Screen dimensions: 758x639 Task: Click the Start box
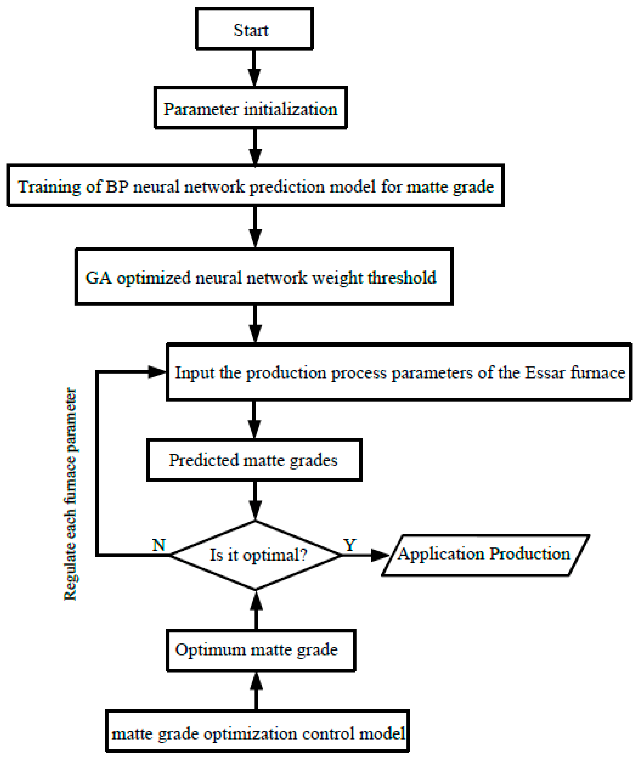[x=254, y=29]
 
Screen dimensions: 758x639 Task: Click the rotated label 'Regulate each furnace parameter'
[x=70, y=494]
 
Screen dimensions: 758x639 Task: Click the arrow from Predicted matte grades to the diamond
[x=255, y=501]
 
